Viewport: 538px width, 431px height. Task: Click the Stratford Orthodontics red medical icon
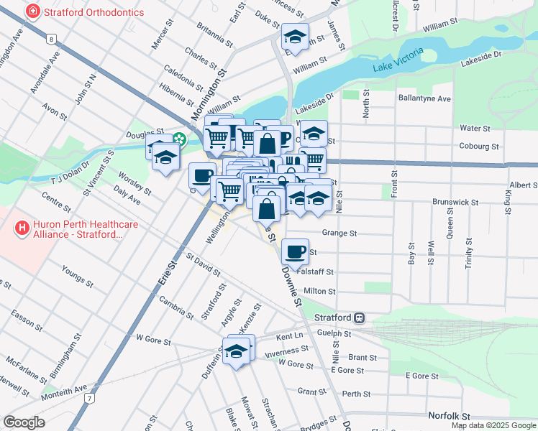coord(32,12)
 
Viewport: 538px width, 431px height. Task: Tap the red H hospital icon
coord(22,228)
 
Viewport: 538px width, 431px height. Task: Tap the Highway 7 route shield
coord(88,397)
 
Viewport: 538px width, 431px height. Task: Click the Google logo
coord(24,422)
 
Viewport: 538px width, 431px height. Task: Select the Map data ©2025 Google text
coord(493,425)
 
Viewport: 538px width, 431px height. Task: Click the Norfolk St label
coord(448,416)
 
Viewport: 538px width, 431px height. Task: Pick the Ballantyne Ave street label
coord(424,98)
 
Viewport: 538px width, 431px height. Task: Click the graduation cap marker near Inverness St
coord(235,351)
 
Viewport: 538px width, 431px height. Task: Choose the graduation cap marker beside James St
coord(294,36)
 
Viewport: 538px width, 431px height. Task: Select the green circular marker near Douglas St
coord(178,140)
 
